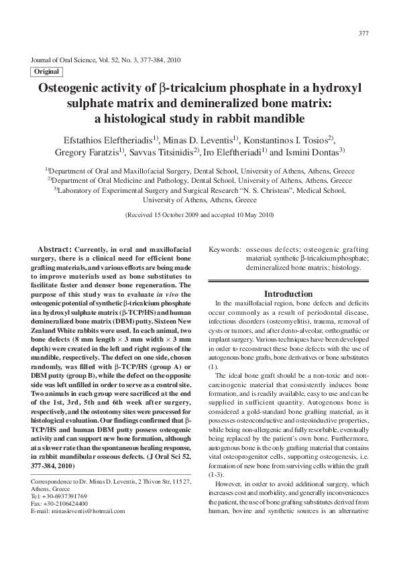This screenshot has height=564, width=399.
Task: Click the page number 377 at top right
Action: tap(363, 33)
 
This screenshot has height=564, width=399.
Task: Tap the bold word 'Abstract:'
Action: tap(56, 249)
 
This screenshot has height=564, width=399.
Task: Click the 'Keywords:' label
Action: tap(225, 249)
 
